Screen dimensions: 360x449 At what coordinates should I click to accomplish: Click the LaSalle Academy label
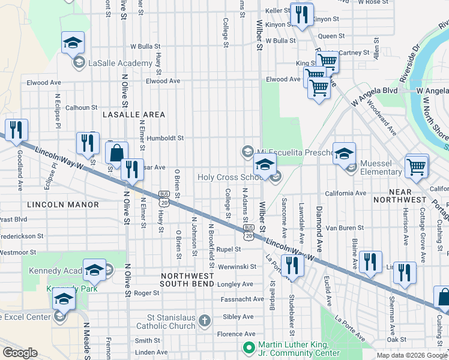120,63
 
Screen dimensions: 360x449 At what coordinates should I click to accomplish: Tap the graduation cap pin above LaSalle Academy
73,43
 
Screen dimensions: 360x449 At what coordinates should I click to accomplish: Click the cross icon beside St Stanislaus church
205,319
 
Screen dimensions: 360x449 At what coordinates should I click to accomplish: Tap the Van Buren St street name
345,228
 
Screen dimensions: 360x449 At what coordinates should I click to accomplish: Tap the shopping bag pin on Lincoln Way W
116,153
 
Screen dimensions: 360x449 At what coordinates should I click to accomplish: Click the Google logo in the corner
20,353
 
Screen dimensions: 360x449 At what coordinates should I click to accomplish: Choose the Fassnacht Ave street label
243,299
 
